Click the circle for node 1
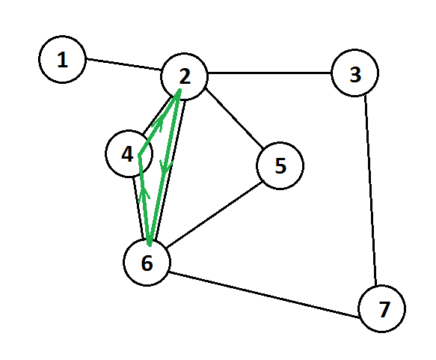click(x=62, y=59)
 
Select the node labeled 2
click(x=184, y=76)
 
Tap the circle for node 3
click(x=354, y=73)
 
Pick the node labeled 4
click(x=129, y=153)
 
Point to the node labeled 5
click(x=280, y=165)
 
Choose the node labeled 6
click(x=147, y=262)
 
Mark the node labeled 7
click(x=381, y=308)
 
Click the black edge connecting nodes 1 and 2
click(x=123, y=64)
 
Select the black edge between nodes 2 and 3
click(x=269, y=73)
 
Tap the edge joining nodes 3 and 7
click(x=370, y=191)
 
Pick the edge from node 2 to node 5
click(x=234, y=118)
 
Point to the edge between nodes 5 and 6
click(x=215, y=215)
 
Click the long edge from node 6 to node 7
click(x=264, y=294)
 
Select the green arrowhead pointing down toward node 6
click(x=166, y=166)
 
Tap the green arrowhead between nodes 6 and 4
click(x=144, y=193)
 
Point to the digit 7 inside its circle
click(x=384, y=309)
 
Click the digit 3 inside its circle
click(x=355, y=75)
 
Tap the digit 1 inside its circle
click(x=63, y=60)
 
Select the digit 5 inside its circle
click(x=280, y=166)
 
